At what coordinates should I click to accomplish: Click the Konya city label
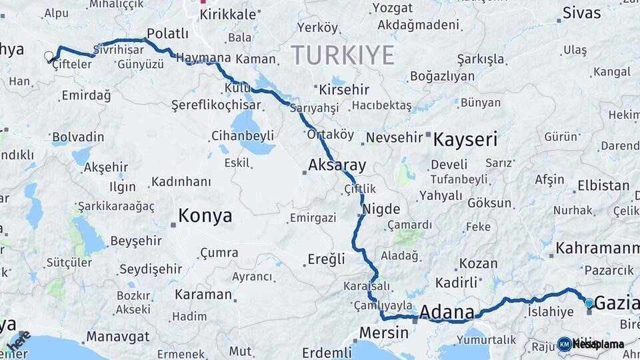pyautogui.click(x=205, y=216)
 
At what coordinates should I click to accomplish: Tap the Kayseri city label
pyautogui.click(x=465, y=140)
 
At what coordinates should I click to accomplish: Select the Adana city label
pyautogui.click(x=447, y=312)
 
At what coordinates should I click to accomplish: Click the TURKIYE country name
pyautogui.click(x=342, y=55)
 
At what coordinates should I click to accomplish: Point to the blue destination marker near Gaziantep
pyautogui.click(x=589, y=303)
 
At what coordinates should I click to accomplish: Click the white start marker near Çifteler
pyautogui.click(x=48, y=57)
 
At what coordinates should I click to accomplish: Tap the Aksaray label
pyautogui.click(x=337, y=165)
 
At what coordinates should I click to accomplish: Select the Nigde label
pyautogui.click(x=381, y=209)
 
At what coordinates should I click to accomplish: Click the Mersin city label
pyautogui.click(x=383, y=332)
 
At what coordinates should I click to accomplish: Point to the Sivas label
pyautogui.click(x=581, y=12)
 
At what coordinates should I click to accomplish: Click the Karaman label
pyautogui.click(x=203, y=294)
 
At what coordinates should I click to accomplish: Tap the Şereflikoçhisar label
pyautogui.click(x=207, y=105)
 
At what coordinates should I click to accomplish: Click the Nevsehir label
pyautogui.click(x=397, y=137)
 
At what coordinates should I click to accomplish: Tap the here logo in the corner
pyautogui.click(x=19, y=341)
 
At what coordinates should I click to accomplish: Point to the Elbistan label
pyautogui.click(x=603, y=185)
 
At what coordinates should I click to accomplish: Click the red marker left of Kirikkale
pyautogui.click(x=203, y=2)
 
